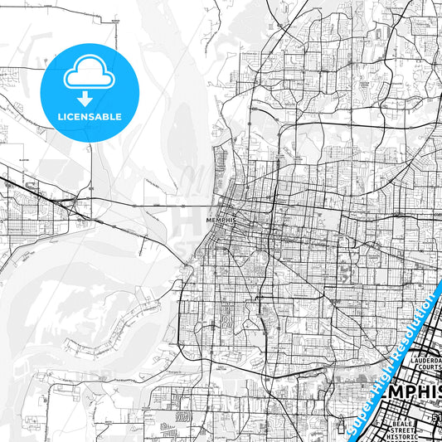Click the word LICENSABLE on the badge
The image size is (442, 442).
tap(89, 116)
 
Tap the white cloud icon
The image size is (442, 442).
tap(89, 75)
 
